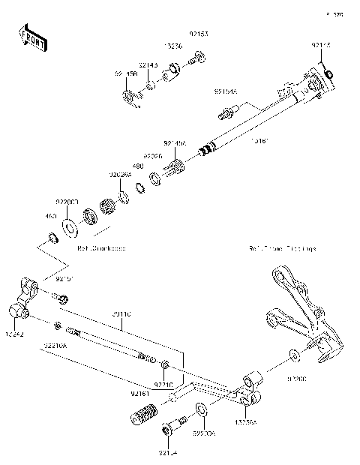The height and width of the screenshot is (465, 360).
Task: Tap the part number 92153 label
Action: coord(198,34)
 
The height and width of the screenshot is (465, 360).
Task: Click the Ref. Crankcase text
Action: coord(101,247)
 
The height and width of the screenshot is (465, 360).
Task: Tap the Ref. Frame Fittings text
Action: coord(283,247)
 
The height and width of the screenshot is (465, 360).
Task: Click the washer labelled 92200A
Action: coord(201,409)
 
